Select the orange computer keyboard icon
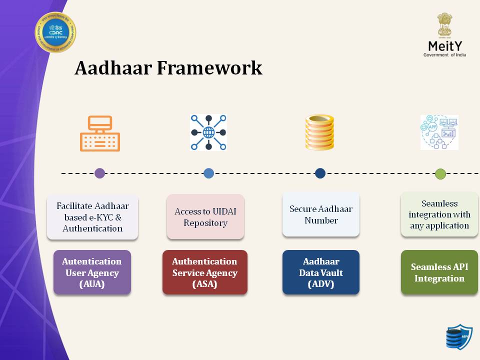pyautogui.click(x=100, y=133)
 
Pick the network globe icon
pyautogui.click(x=208, y=132)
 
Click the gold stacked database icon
pyautogui.click(x=319, y=132)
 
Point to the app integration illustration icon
pyautogui.click(x=439, y=132)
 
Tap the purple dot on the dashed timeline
pyautogui.click(x=100, y=173)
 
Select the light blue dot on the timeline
pyautogui.click(x=209, y=173)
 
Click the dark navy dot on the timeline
pyautogui.click(x=320, y=173)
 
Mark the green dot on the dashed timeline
pyautogui.click(x=440, y=174)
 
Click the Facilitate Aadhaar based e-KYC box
pyautogui.click(x=92, y=217)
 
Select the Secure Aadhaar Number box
pyautogui.click(x=321, y=214)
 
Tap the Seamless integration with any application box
pyautogui.click(x=439, y=214)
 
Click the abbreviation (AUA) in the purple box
pyautogui.click(x=92, y=284)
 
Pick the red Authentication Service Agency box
pyautogui.click(x=205, y=272)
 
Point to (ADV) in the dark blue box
pyautogui.click(x=321, y=284)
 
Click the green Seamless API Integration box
pyautogui.click(x=439, y=272)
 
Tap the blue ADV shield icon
pyautogui.click(x=458, y=337)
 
